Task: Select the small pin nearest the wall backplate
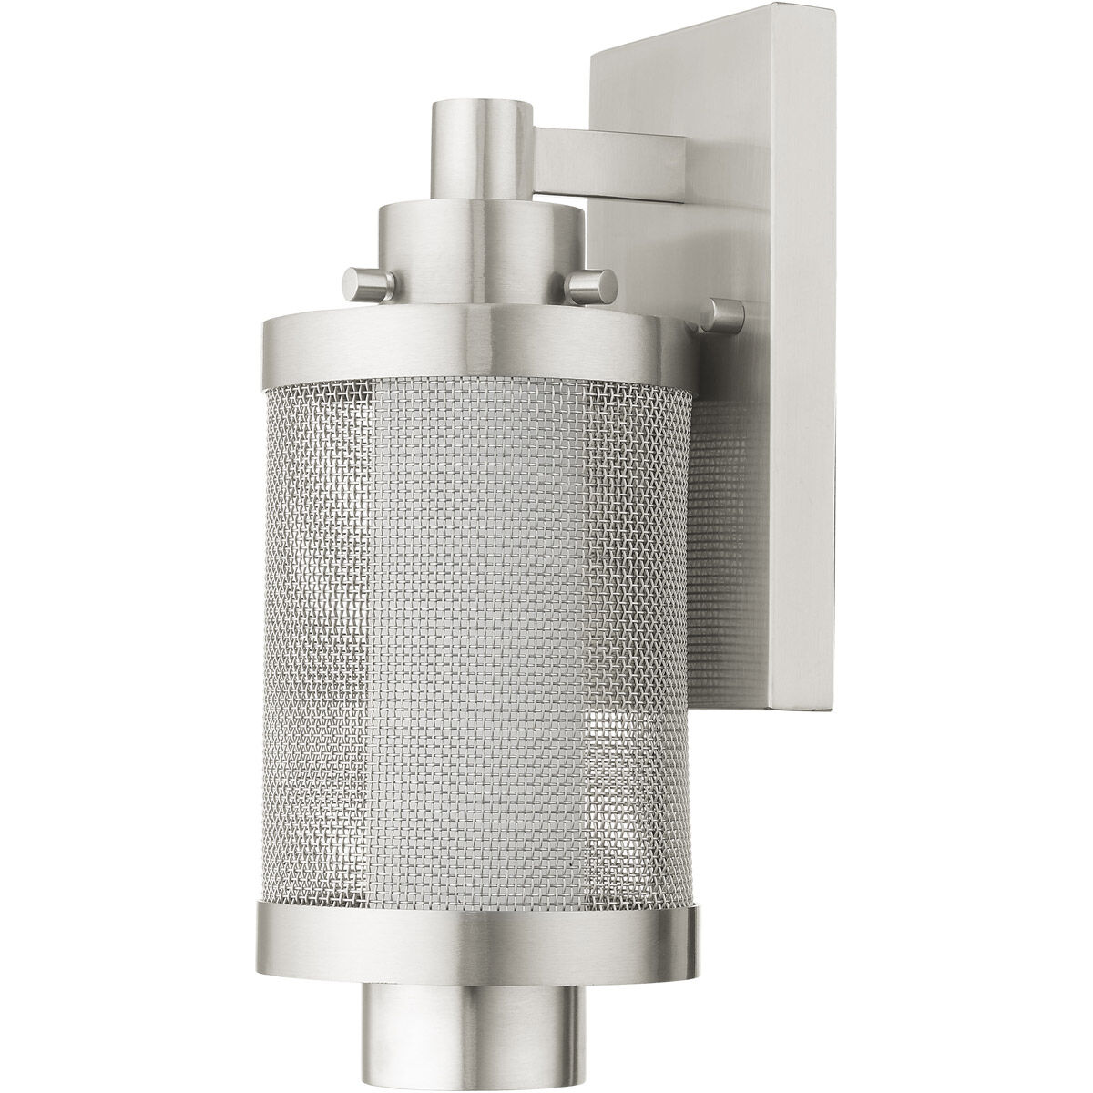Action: click(x=725, y=314)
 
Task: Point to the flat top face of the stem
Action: click(x=482, y=102)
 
